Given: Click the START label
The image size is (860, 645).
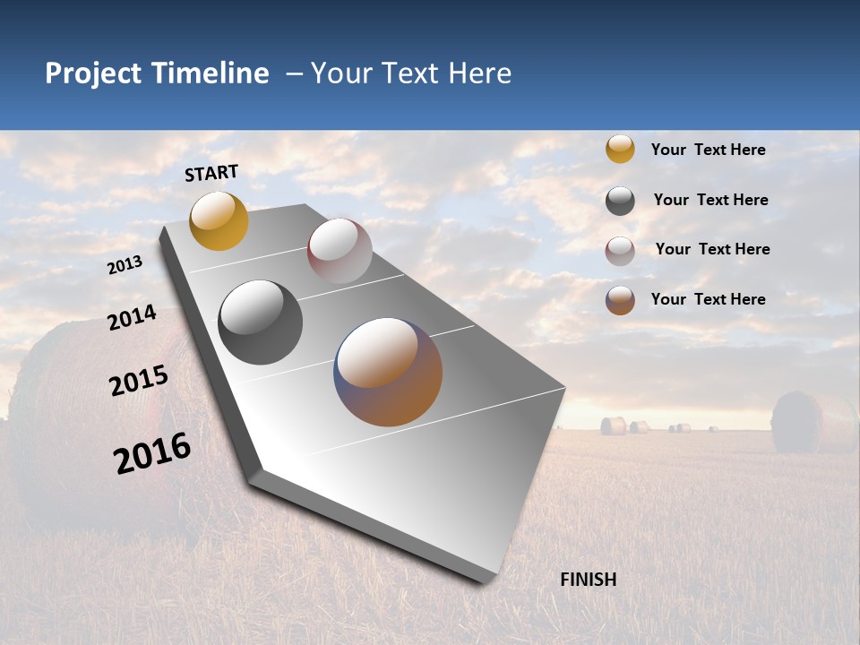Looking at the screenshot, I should click(x=211, y=173).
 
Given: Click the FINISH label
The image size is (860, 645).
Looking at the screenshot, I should click(x=588, y=580).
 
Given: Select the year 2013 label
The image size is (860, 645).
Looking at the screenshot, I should click(x=125, y=265).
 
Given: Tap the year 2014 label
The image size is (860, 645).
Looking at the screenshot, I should click(x=132, y=318).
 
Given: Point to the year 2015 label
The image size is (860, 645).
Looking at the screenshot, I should click(x=139, y=381).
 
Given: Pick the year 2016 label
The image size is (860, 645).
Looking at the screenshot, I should click(x=152, y=452).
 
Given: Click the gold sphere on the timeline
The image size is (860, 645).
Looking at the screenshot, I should click(x=219, y=220).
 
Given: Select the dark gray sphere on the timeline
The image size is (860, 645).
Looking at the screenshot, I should click(x=260, y=322).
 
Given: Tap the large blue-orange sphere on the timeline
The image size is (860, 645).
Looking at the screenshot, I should click(x=388, y=372).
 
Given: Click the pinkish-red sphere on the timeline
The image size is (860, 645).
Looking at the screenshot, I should click(x=340, y=250).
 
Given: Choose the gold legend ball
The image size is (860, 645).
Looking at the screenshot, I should click(x=620, y=149).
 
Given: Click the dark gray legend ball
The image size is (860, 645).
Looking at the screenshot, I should click(x=620, y=201).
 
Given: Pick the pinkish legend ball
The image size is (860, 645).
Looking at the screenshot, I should click(x=620, y=251).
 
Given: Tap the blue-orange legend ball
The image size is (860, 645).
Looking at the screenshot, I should click(x=620, y=300).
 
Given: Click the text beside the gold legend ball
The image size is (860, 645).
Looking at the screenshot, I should click(x=708, y=150).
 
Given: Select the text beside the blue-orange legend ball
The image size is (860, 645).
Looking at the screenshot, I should click(x=708, y=299).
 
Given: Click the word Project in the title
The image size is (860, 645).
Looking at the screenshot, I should click(x=94, y=73).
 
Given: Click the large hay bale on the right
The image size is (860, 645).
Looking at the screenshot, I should click(x=811, y=421).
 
